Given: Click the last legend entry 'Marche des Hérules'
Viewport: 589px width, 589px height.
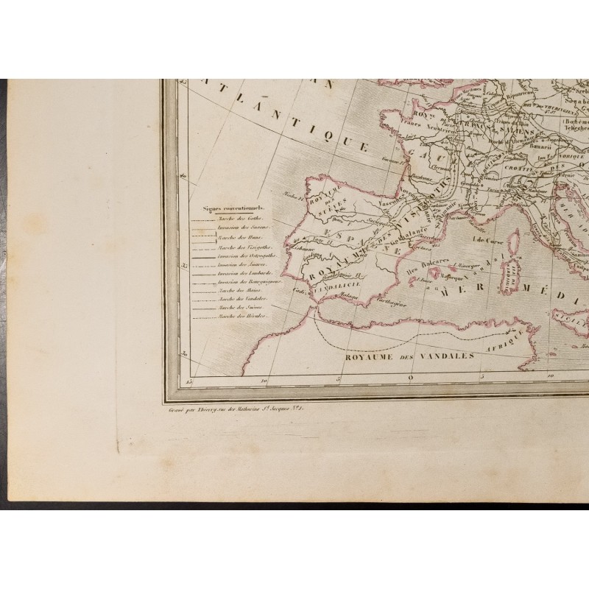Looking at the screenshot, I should (x=241, y=317).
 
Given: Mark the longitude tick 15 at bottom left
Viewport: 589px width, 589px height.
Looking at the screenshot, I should (x=189, y=380).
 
